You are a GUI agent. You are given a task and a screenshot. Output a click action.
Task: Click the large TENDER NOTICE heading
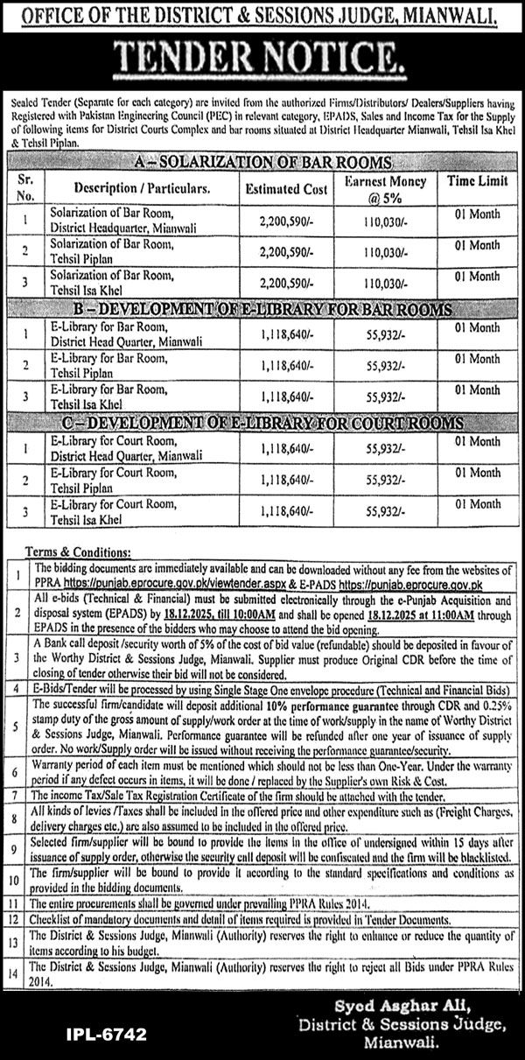[262, 59]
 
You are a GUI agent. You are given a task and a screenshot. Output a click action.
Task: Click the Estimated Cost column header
[286, 188]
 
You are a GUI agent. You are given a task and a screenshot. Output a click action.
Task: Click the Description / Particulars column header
[142, 188]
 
